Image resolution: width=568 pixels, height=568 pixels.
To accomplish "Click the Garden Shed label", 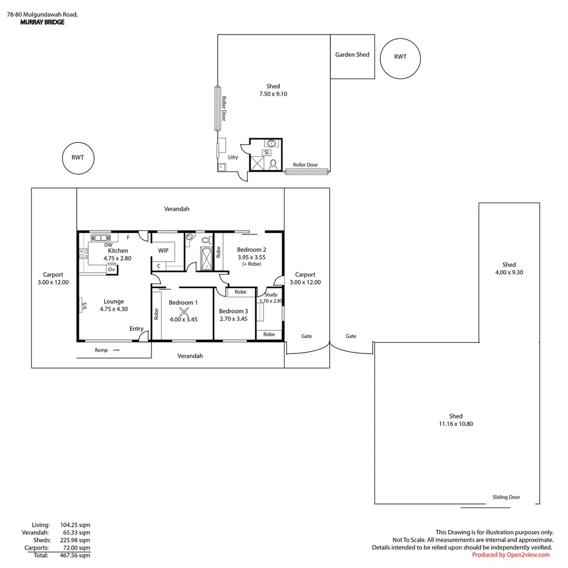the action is pos(352,55).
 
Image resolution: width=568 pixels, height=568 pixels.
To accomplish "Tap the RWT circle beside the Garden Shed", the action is pos(400,39).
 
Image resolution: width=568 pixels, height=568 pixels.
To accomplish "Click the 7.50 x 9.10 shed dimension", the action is pos(273,94).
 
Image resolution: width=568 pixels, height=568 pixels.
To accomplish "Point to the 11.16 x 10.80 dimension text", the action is pos(455,424).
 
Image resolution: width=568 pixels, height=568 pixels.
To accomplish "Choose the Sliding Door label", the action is pos(506,497).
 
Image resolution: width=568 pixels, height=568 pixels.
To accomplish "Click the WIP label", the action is pos(163,250).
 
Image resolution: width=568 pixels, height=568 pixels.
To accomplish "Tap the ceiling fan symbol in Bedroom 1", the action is pos(184,311).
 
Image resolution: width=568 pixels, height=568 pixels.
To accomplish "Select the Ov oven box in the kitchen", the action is pos(112,270).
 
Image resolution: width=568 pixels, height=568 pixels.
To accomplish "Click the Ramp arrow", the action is pos(116,350).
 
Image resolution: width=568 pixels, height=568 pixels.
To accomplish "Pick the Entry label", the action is pos(137,329).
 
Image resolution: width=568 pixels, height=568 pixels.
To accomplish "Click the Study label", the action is pos(271,295).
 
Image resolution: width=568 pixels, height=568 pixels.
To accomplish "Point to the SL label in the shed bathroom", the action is pos(267,153).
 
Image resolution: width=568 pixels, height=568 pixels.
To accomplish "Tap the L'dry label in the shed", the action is pos(233,157).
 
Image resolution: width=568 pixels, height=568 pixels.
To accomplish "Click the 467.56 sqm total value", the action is pos(75,555).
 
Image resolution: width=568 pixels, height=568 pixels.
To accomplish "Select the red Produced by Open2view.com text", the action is pos(510,555).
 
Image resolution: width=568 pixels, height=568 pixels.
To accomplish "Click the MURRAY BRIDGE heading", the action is pos(43,22).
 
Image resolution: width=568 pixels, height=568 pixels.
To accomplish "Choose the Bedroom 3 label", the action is pos(234,311).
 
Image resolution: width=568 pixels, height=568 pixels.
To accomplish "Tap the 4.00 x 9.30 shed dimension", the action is pos(509,272).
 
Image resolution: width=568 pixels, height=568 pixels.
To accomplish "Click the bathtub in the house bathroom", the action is pos(207,259).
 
